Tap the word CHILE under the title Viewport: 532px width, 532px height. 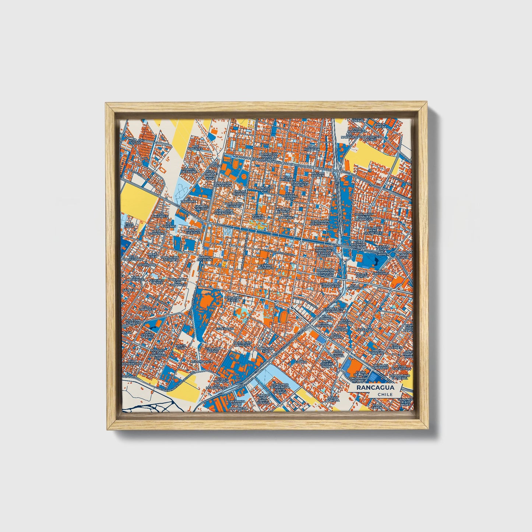[x=385, y=394]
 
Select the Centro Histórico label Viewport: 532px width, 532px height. [x=266, y=267]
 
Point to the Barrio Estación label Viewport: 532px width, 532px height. [x=204, y=258]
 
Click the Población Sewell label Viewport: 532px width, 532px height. [x=233, y=299]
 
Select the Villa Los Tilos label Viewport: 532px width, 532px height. [x=135, y=141]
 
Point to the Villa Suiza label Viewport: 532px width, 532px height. [x=129, y=225]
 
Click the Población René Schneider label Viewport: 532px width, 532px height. [x=373, y=230]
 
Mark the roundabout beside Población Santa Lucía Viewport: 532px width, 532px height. [x=393, y=254]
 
